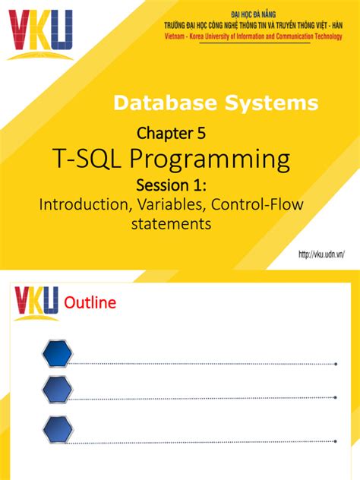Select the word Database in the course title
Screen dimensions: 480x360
(x=157, y=103)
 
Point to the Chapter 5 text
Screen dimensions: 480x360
(x=171, y=134)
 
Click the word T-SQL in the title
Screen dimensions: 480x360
(x=84, y=159)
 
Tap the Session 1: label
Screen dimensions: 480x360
(x=172, y=185)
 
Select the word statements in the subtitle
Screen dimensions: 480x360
(x=170, y=224)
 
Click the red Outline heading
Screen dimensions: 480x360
(x=90, y=303)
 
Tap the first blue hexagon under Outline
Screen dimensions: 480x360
(x=58, y=354)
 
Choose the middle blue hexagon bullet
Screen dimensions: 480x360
(x=58, y=390)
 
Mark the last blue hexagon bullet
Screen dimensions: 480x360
(x=58, y=430)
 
